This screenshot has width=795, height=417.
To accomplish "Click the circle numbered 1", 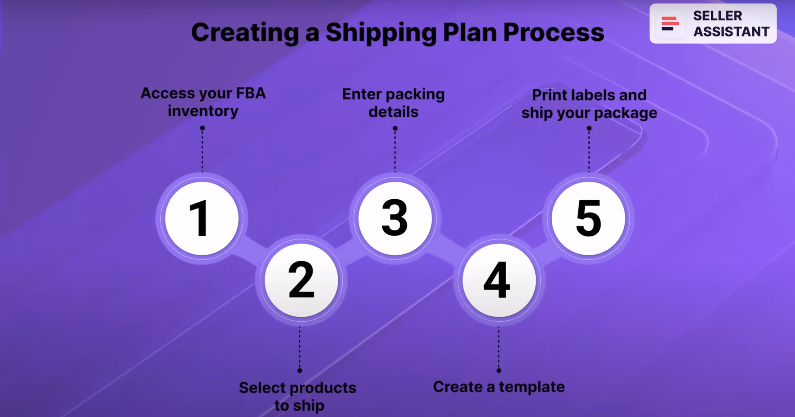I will click(202, 218).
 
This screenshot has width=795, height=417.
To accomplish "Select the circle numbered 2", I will click(301, 280).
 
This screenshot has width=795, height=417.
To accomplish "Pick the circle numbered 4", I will click(499, 280).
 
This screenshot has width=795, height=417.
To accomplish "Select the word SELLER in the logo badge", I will click(717, 16).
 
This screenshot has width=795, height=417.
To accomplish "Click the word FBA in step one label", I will click(251, 93).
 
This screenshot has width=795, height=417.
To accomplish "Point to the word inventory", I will click(203, 111).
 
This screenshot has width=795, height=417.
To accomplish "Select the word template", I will click(532, 387).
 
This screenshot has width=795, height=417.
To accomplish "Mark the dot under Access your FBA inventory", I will click(202, 128).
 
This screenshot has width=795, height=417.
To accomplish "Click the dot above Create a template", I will click(499, 371).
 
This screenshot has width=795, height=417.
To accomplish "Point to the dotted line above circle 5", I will click(589, 151).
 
